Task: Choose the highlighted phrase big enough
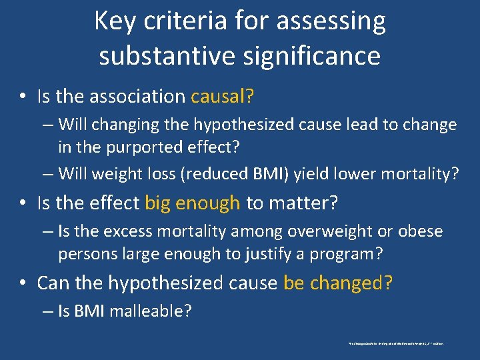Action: click(192, 203)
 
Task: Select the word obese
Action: click(421, 231)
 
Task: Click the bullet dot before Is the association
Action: click(23, 97)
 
